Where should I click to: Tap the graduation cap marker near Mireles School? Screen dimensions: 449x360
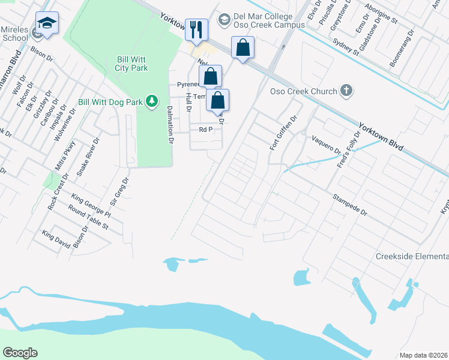47,23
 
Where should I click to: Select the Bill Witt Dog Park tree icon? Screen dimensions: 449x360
153,101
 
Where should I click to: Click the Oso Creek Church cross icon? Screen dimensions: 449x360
346,91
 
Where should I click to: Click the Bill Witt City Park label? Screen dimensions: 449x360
131,64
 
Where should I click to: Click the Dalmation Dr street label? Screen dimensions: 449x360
170,125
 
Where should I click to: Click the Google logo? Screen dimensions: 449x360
20,353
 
